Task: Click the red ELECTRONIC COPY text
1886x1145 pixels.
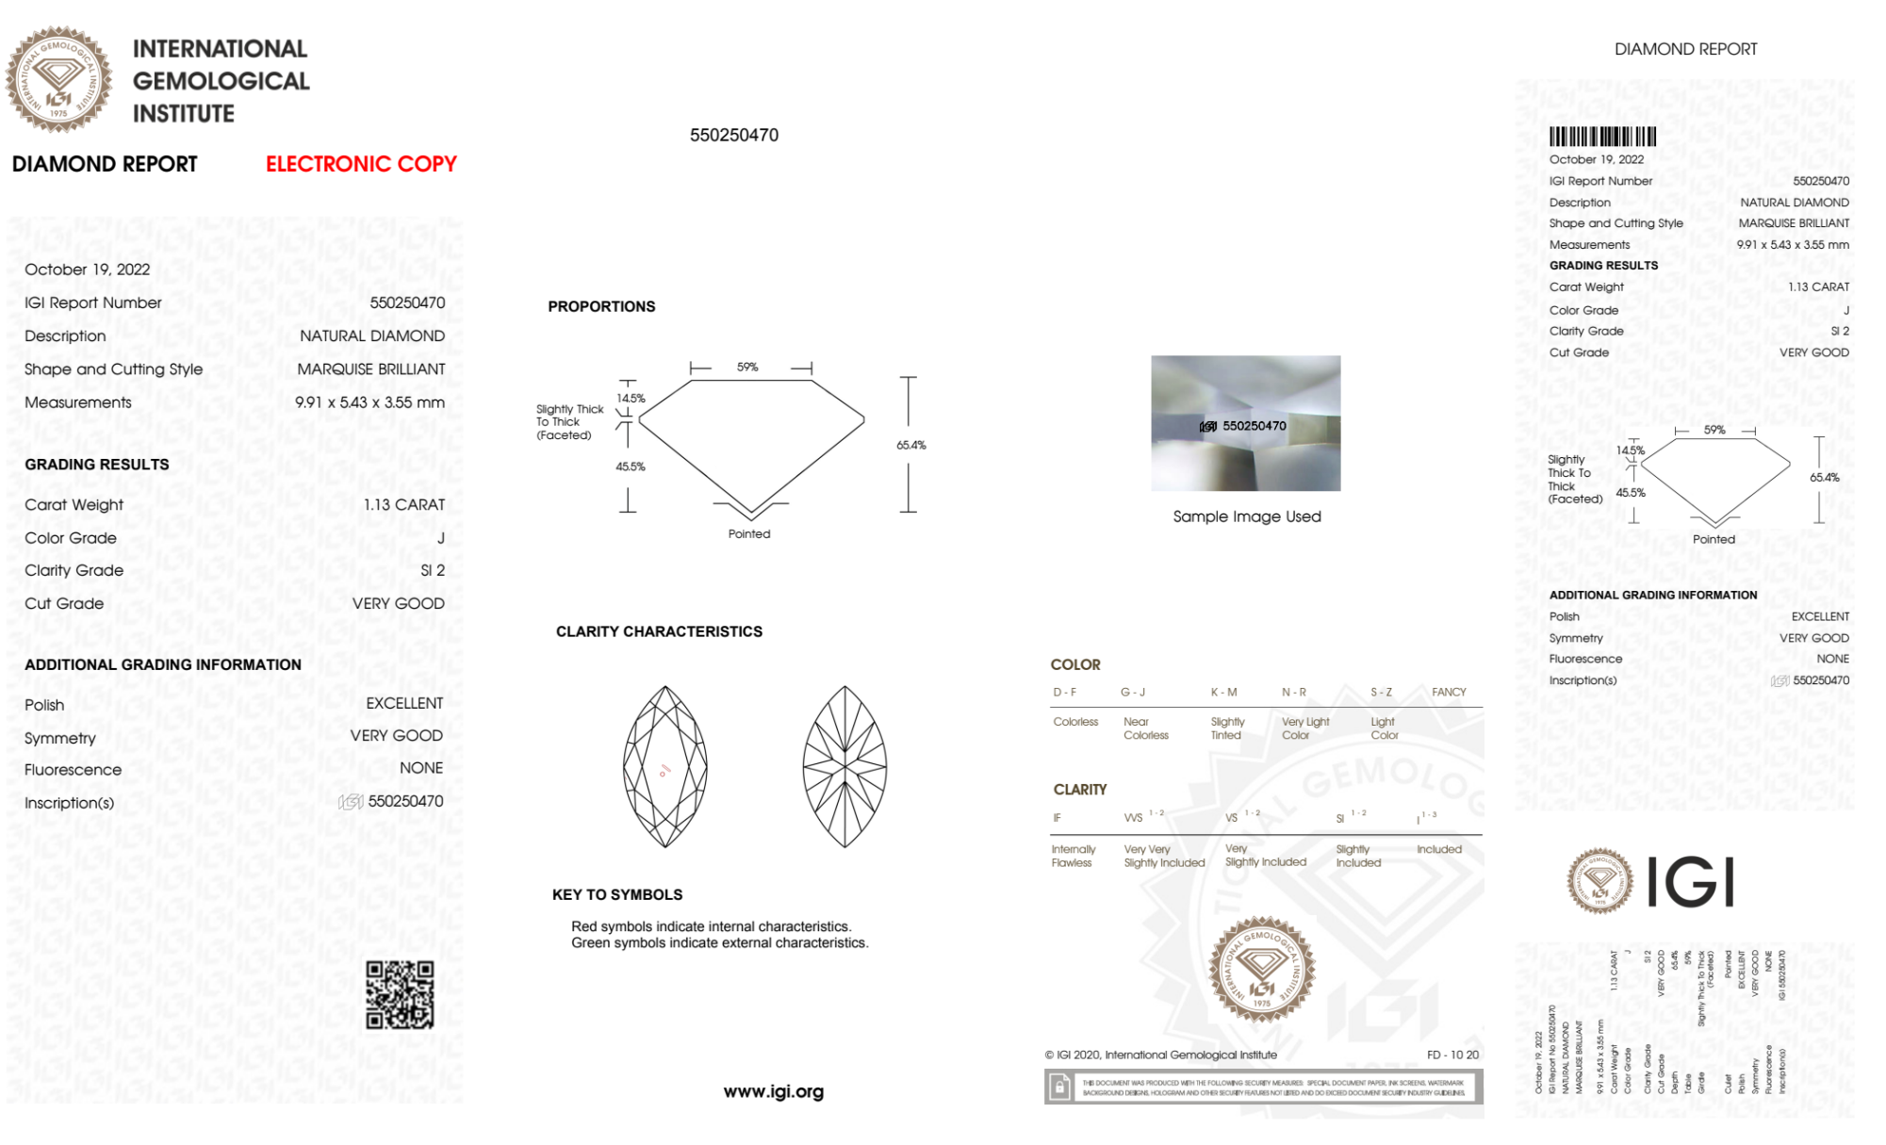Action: click(x=361, y=164)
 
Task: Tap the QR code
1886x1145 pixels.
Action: click(x=400, y=995)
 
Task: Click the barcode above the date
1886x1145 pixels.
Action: click(x=1602, y=137)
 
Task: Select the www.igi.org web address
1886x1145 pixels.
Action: click(x=774, y=1091)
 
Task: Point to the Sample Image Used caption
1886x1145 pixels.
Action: click(x=1246, y=516)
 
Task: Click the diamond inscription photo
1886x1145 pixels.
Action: click(x=1245, y=423)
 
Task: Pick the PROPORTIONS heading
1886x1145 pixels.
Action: click(x=601, y=306)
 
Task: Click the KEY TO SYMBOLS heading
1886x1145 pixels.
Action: click(x=617, y=894)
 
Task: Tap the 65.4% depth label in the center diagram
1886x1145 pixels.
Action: click(x=910, y=445)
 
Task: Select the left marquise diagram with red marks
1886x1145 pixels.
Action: click(x=665, y=766)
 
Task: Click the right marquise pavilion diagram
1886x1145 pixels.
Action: click(x=845, y=766)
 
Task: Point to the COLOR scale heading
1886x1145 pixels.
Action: click(x=1075, y=664)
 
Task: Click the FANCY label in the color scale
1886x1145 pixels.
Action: click(x=1449, y=692)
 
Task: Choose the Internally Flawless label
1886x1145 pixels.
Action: click(x=1073, y=856)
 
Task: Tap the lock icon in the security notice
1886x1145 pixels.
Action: click(x=1059, y=1088)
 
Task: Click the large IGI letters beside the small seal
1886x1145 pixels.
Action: click(x=1691, y=882)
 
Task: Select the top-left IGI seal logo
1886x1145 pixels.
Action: click(x=58, y=80)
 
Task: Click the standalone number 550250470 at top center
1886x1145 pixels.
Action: click(x=734, y=135)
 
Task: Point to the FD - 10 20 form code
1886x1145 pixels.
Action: click(x=1452, y=1055)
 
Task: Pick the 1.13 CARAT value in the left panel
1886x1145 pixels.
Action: click(x=404, y=505)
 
